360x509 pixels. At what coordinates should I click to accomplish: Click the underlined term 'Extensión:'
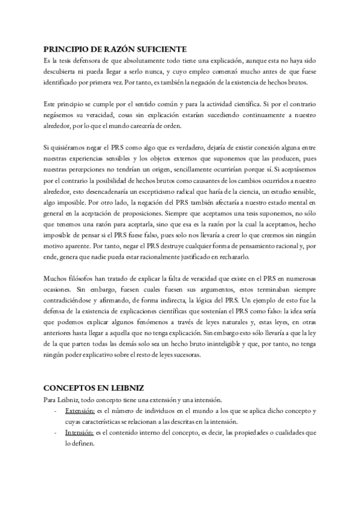click(80, 411)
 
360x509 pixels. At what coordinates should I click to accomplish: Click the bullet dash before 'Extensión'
click(56, 411)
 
